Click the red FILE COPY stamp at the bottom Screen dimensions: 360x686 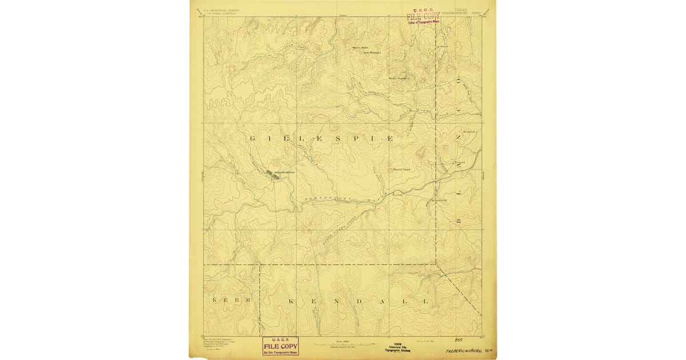[x=280, y=346]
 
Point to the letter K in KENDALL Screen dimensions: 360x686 [x=292, y=301]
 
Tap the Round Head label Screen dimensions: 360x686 [x=401, y=170]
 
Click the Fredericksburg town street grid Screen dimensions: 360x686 [x=273, y=174]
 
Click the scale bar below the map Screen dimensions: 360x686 [x=343, y=344]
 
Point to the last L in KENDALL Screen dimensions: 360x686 [x=425, y=301]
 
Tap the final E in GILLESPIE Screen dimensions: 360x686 [x=390, y=139]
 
